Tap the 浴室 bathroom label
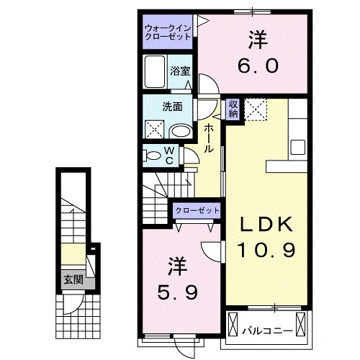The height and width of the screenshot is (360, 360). click(x=180, y=71)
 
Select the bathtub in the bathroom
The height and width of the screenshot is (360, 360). click(x=156, y=72)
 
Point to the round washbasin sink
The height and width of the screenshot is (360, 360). click(x=182, y=130)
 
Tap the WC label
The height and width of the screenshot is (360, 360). click(x=169, y=154)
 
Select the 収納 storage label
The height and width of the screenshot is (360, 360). click(x=233, y=109)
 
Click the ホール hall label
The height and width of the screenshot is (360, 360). click(x=208, y=138)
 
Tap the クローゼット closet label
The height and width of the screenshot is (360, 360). click(x=195, y=211)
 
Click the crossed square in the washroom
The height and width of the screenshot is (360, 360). click(x=155, y=130)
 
